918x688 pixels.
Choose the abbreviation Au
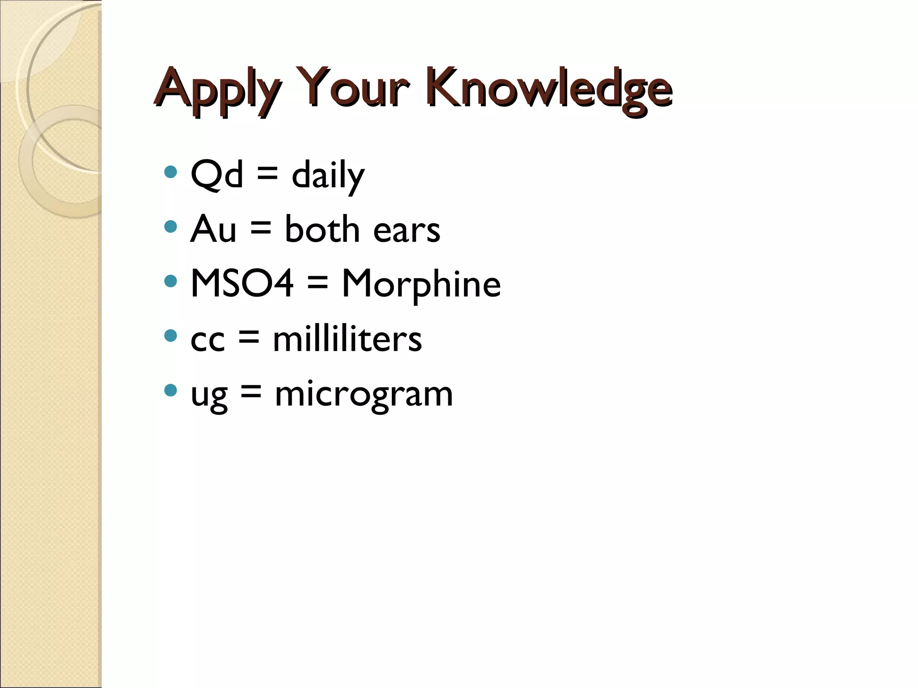click(213, 229)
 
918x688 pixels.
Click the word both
click(322, 229)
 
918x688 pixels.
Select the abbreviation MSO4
click(242, 283)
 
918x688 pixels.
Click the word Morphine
click(421, 284)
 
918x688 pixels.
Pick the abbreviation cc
click(208, 340)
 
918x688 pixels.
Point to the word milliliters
click(347, 339)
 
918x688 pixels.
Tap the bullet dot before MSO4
click(170, 281)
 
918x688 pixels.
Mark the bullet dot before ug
click(170, 390)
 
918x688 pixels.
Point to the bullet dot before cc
click(170, 335)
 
